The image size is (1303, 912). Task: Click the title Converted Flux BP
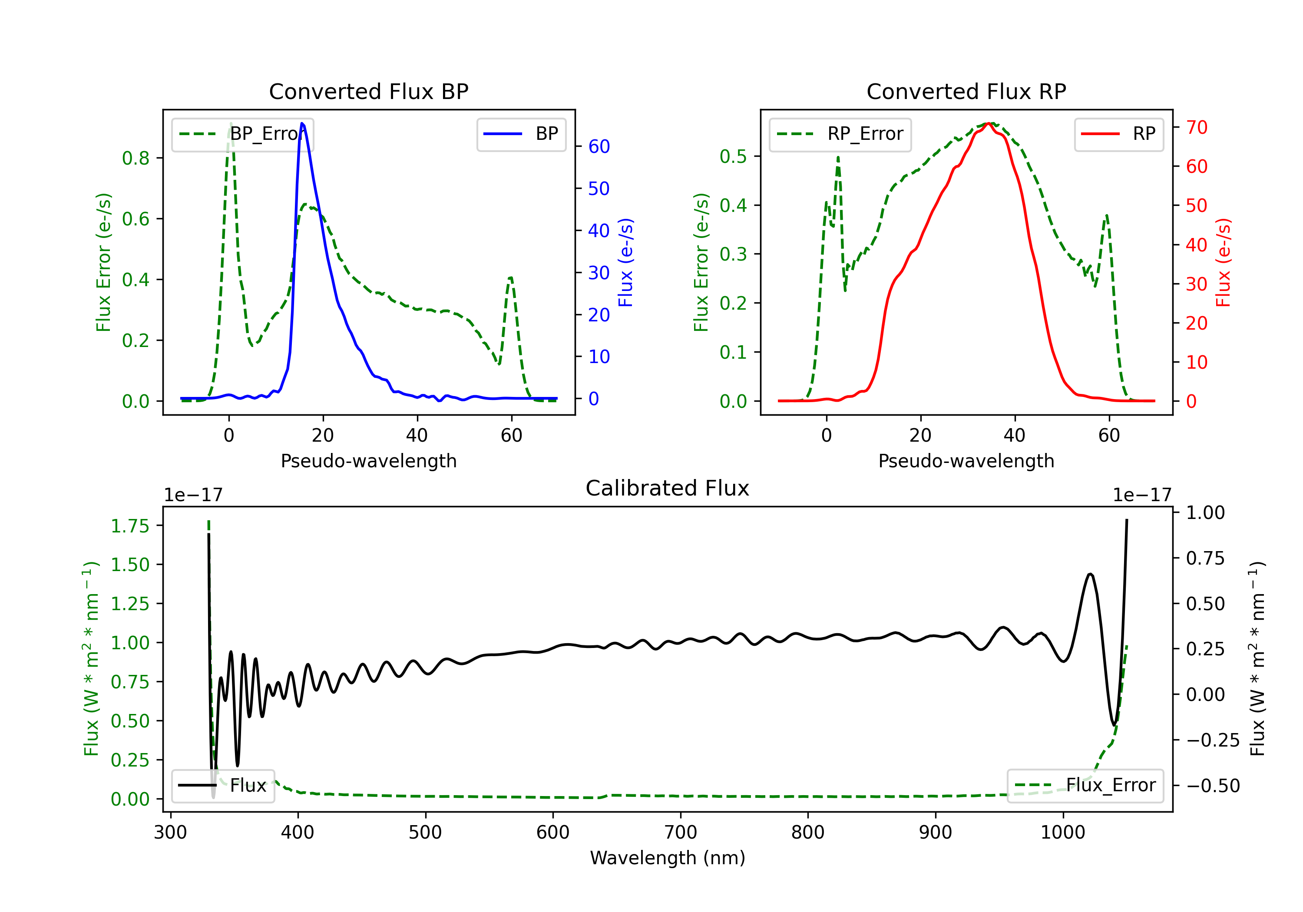pos(368,91)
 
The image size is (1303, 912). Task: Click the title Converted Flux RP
pos(966,91)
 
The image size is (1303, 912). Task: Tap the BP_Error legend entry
pos(242,134)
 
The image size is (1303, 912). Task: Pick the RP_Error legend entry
pos(840,134)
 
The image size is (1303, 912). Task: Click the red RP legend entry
pos(1118,134)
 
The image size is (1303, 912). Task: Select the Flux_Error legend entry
pos(1085,786)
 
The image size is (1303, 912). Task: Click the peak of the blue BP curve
pos(302,123)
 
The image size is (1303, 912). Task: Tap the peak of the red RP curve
pos(988,123)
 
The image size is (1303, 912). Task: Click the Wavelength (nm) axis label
pos(668,858)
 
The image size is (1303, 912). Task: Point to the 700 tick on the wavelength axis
pos(681,833)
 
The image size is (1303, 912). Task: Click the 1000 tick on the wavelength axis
pos(1062,833)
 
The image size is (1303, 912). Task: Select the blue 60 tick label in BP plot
pos(599,146)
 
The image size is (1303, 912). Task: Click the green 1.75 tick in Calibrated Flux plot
pos(130,526)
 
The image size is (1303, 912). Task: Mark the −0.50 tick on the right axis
pos(1213,786)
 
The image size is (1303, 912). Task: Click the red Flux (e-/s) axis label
pos(1224,262)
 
